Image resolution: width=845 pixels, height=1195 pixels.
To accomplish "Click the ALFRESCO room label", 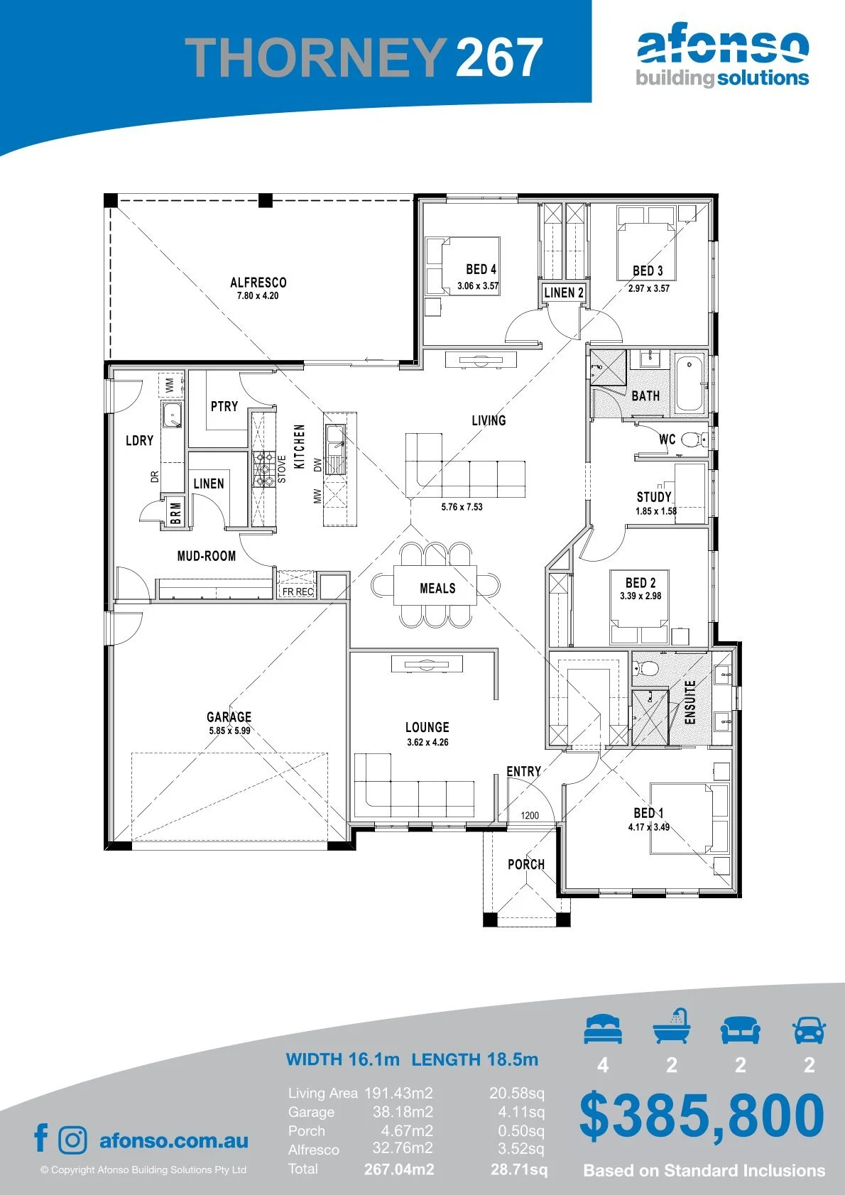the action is [258, 282].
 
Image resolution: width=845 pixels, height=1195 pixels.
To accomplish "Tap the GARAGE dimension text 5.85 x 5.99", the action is [229, 731].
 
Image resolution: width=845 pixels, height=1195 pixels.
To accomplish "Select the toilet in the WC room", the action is [694, 440].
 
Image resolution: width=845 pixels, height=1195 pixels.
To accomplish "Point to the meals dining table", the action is [435, 584].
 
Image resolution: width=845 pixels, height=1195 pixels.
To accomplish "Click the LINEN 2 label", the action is [564, 293].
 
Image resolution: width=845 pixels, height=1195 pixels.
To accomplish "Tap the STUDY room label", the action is [654, 496].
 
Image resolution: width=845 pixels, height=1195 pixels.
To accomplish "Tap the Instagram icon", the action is [72, 1140].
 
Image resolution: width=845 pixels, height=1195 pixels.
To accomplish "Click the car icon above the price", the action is [809, 1030].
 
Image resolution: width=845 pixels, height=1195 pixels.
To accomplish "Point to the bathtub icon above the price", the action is [671, 1026].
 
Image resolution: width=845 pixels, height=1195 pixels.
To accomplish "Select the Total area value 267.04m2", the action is [399, 1169].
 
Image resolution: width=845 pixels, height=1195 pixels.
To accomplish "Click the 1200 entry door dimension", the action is [530, 815].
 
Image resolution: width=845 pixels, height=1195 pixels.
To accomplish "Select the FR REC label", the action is [298, 591].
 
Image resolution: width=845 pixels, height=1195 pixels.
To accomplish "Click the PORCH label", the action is [526, 864].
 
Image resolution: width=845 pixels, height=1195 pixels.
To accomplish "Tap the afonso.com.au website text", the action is [174, 1140].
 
